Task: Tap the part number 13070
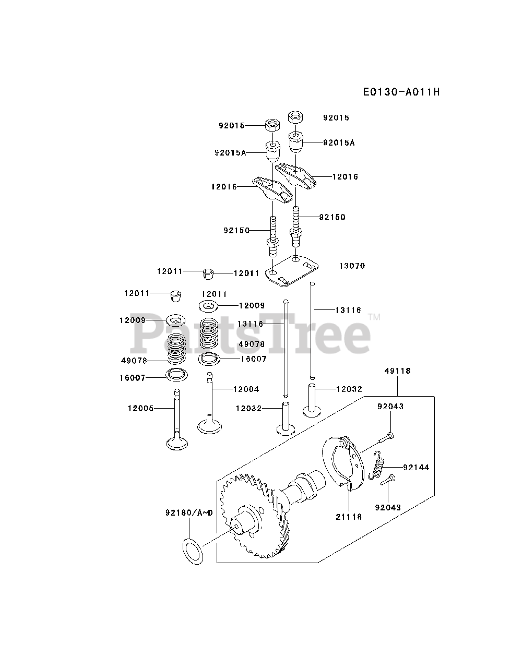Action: (x=352, y=266)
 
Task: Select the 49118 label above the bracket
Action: (x=398, y=371)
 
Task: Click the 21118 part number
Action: (x=349, y=516)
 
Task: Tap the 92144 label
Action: (x=416, y=468)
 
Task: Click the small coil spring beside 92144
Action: (x=378, y=466)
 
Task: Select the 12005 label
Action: (x=140, y=408)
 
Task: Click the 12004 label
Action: (x=246, y=389)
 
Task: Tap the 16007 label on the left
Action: (x=132, y=377)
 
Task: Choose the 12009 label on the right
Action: (x=252, y=306)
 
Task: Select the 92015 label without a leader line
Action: (x=336, y=118)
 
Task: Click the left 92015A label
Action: (x=230, y=152)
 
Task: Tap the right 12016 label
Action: (x=346, y=177)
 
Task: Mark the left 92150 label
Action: (x=237, y=230)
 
